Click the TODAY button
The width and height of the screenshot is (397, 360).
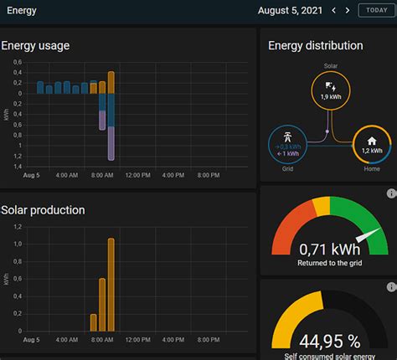[x=373, y=10]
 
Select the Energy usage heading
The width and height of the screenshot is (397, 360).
[x=35, y=45]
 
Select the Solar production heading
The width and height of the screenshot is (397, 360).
[x=43, y=209]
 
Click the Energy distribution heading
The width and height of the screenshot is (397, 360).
[x=315, y=45]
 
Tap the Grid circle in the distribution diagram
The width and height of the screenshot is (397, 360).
[x=287, y=146]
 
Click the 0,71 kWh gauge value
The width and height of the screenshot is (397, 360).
[x=328, y=249]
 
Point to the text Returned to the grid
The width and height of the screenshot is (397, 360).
[x=328, y=263]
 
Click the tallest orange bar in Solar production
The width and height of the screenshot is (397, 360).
[x=111, y=285]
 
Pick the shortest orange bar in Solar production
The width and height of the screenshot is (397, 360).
[x=93, y=322]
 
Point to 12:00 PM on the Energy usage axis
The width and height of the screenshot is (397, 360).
[x=137, y=175]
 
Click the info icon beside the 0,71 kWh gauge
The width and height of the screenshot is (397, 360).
[x=391, y=193]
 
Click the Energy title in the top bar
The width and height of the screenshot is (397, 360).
[x=21, y=10]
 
